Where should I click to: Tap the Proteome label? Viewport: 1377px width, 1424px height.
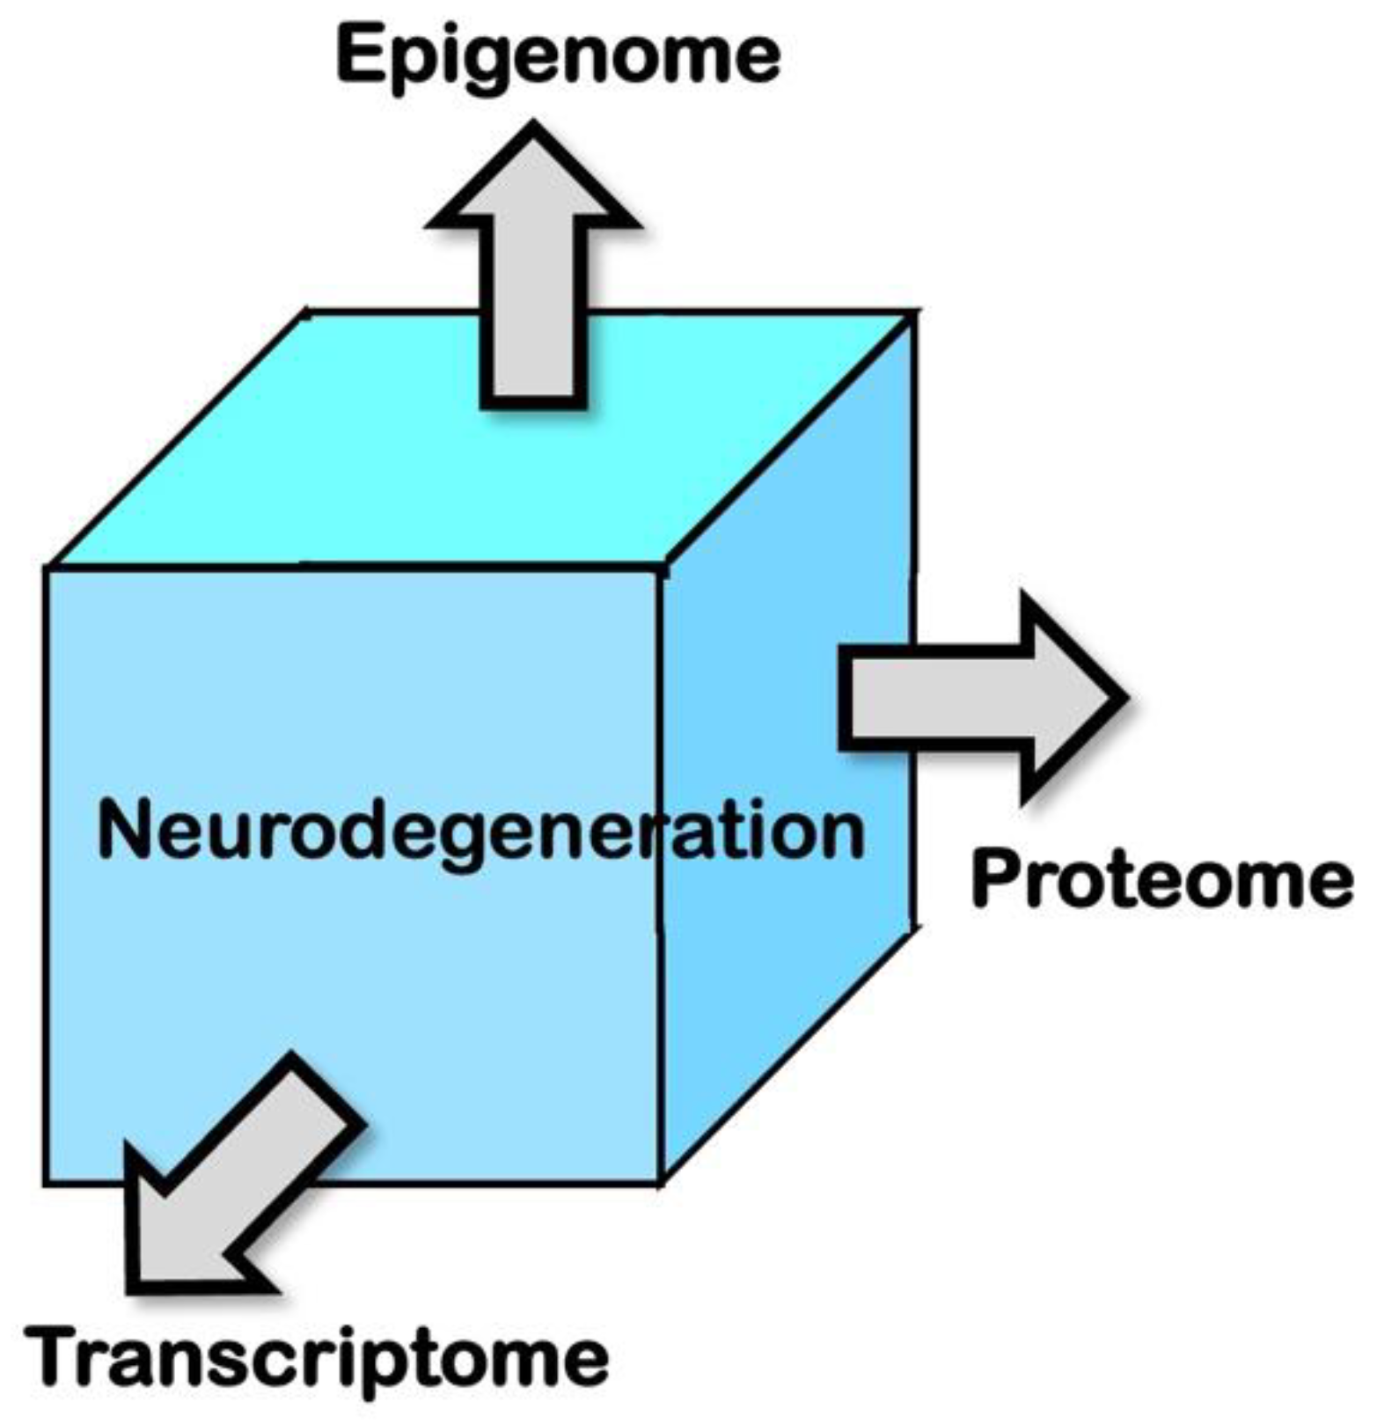[x=1161, y=881]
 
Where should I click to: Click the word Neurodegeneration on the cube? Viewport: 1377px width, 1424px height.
[x=480, y=832]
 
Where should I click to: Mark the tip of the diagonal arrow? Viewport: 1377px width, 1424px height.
[x=132, y=1289]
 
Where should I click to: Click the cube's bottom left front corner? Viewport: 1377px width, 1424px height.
[x=46, y=1182]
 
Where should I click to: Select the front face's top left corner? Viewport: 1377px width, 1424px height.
[x=46, y=568]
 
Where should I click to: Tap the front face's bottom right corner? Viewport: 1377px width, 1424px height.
[x=660, y=1182]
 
